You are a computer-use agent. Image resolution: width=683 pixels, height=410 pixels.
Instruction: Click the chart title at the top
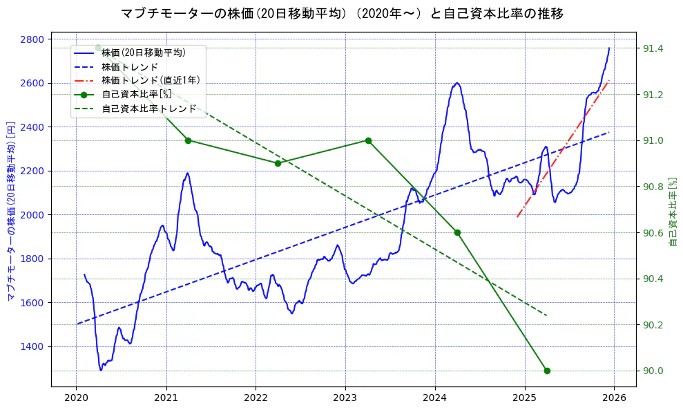[x=342, y=13]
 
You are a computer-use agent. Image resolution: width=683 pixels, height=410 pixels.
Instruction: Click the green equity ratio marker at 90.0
[x=547, y=371]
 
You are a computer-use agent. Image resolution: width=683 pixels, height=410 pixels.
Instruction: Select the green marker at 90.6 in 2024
[x=457, y=232]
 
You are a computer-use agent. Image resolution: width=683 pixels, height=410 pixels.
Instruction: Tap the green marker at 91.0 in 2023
[x=368, y=140]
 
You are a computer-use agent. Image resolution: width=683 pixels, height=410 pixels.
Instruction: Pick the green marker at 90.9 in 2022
[x=278, y=163]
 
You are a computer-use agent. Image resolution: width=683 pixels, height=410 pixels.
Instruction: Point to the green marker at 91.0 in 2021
[x=188, y=140]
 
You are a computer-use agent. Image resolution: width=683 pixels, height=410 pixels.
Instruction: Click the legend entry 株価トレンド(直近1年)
[x=151, y=80]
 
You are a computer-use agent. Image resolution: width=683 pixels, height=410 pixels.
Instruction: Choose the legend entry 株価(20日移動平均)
[x=143, y=52]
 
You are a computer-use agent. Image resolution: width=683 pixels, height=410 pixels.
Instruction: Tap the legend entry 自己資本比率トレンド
[x=148, y=109]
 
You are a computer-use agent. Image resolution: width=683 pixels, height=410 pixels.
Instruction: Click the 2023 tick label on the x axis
[x=345, y=398]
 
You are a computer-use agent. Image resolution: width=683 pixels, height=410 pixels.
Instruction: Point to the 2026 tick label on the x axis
[x=615, y=398]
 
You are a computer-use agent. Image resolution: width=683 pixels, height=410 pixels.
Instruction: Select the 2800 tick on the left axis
[x=30, y=39]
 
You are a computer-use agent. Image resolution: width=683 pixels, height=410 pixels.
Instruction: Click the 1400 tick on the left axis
[x=30, y=346]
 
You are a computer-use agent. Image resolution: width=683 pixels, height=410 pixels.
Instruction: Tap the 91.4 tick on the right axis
[x=653, y=48]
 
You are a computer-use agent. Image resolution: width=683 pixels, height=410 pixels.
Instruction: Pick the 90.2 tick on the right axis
[x=653, y=325]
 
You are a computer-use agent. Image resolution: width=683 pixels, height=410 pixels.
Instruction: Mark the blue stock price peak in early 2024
[x=456, y=83]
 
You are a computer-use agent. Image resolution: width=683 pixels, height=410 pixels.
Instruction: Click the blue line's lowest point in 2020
[x=101, y=370]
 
